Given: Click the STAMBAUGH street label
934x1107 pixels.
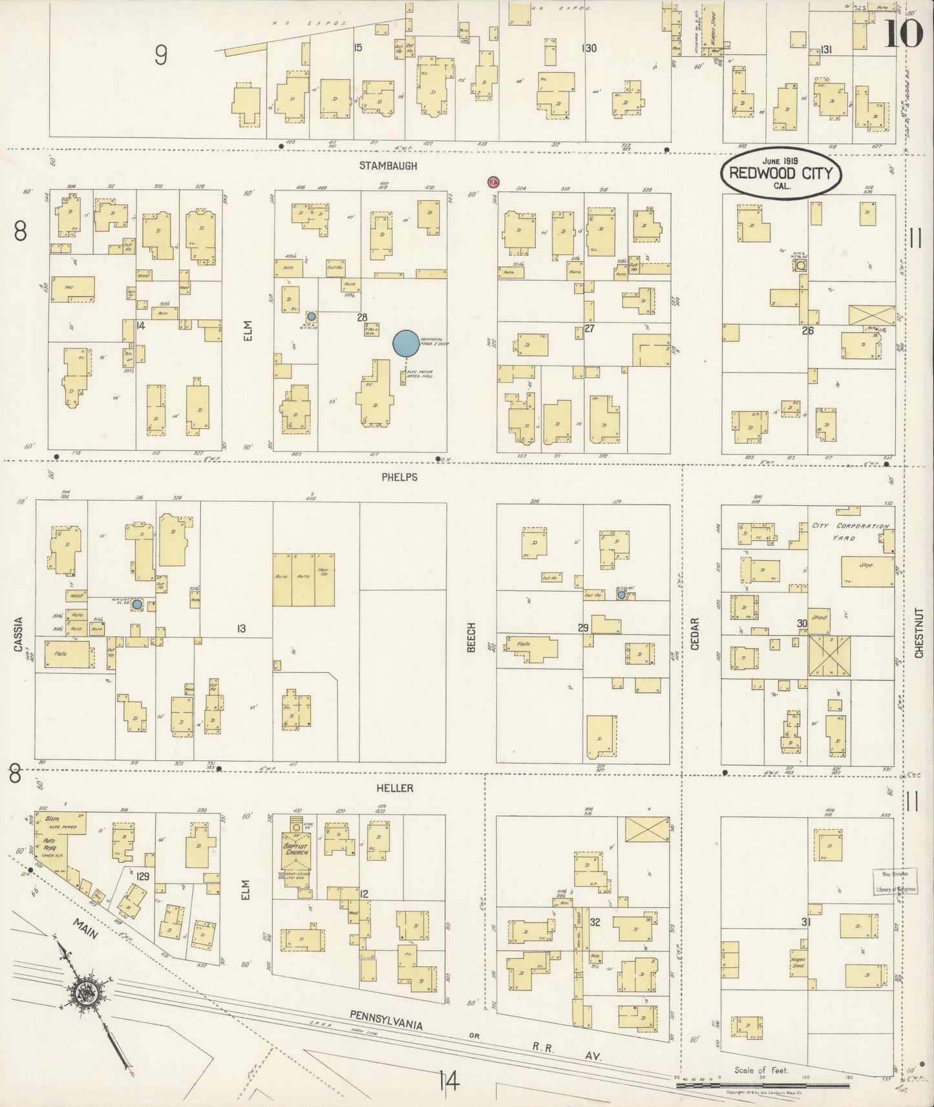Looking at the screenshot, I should pos(388,166).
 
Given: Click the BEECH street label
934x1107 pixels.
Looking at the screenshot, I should pos(471,637).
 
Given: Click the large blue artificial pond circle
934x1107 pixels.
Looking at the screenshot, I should pos(406,343).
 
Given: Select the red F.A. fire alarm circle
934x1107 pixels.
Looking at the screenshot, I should pos(493,182).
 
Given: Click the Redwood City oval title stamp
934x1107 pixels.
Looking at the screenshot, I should pos(781,174).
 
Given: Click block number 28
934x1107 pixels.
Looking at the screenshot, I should pos(362,317).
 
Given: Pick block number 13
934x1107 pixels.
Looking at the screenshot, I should pos(241,628).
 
